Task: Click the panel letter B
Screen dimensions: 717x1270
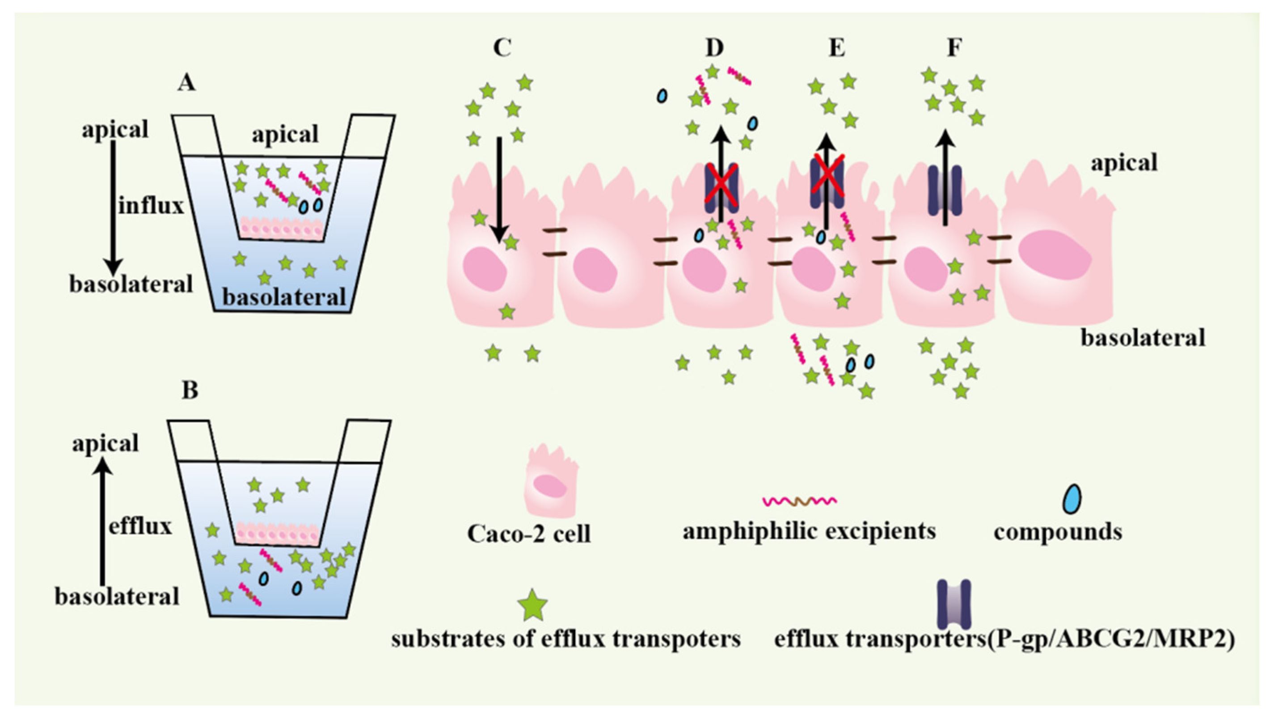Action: (190, 390)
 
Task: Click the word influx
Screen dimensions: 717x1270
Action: (151, 206)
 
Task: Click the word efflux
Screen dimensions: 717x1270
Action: (140, 526)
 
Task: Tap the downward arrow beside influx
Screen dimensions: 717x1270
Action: (113, 207)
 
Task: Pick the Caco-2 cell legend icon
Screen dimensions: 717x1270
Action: (551, 488)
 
